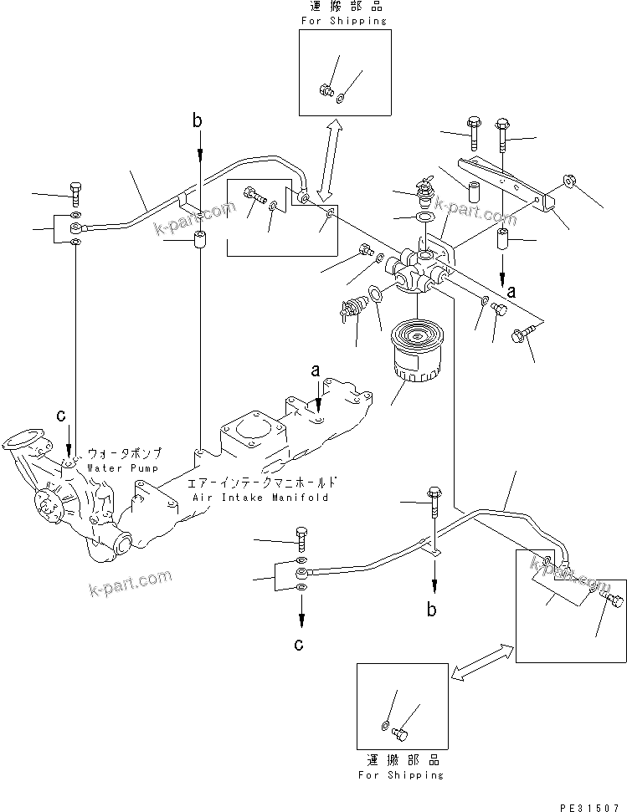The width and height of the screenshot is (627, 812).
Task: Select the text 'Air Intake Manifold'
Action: (260, 497)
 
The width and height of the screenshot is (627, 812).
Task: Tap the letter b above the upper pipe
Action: (198, 122)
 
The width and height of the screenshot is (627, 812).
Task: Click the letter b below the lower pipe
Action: (432, 610)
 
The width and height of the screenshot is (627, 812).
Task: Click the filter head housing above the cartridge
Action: (420, 269)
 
